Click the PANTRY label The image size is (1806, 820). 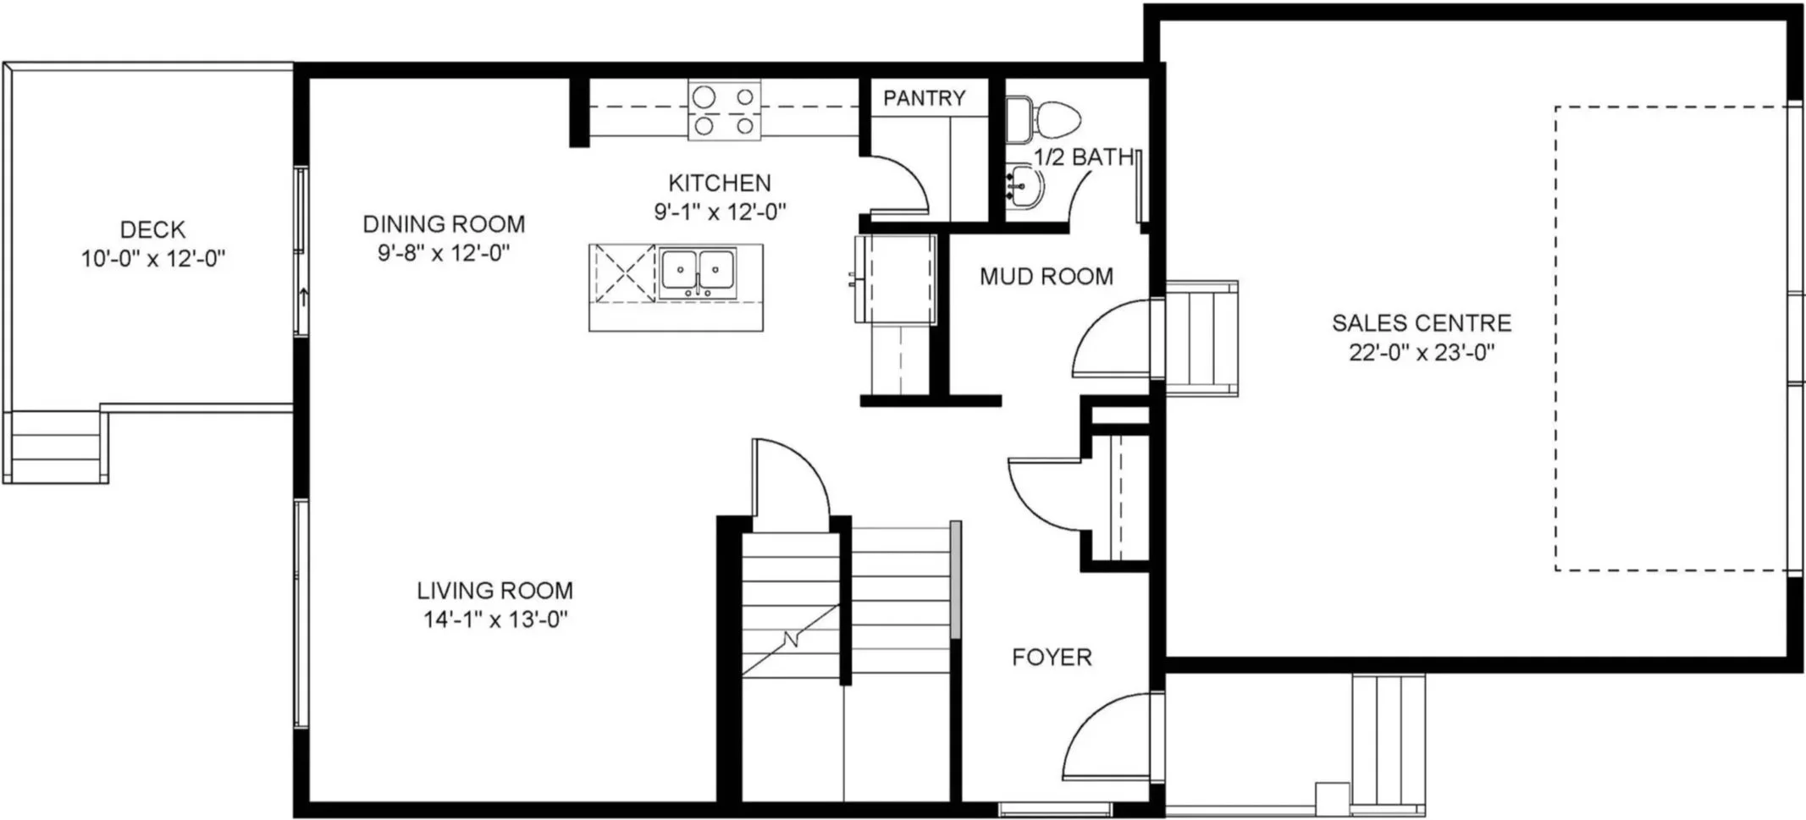coord(924,98)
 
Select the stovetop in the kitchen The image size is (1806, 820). coord(724,110)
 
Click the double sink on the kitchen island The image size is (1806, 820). coord(698,272)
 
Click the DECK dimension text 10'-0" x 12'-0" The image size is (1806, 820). coord(153,258)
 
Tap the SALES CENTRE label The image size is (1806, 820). coord(1422,322)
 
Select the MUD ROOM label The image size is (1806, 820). coord(1047,276)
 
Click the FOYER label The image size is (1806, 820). coord(1052,657)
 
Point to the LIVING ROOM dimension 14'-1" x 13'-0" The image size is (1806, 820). coord(495,619)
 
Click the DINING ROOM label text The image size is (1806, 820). coord(444,223)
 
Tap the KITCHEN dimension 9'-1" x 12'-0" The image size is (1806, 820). coord(720,212)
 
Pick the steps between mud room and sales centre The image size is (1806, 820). coord(1201,338)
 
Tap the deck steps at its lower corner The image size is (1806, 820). coord(56,447)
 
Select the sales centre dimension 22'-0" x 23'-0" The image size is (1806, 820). coord(1422,352)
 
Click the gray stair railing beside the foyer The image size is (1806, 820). coord(956,580)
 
